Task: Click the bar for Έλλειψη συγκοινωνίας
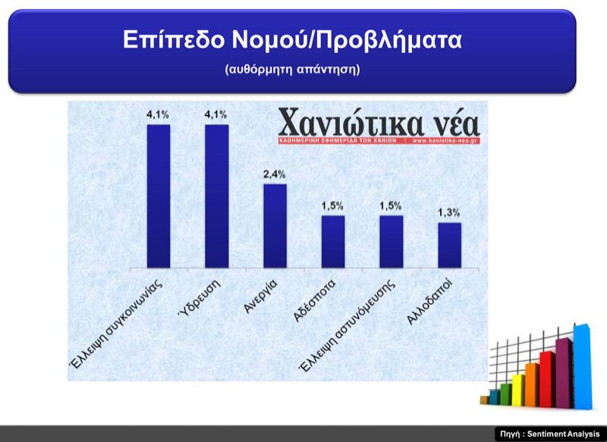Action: click(159, 196)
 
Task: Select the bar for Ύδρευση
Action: click(217, 196)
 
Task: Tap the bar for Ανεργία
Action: click(275, 226)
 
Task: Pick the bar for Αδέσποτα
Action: click(333, 242)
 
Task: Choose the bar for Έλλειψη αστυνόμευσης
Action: click(392, 242)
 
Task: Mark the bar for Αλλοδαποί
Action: click(449, 245)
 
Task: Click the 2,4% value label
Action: click(275, 174)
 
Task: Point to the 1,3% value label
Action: click(449, 213)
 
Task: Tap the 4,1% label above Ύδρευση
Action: click(216, 114)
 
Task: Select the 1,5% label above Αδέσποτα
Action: click(332, 205)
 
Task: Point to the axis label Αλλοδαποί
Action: click(429, 302)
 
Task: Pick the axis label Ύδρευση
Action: click(200, 298)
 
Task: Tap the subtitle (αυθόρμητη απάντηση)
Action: click(292, 69)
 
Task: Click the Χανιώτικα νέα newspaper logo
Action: click(379, 126)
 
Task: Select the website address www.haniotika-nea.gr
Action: click(444, 141)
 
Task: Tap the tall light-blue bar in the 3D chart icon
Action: click(583, 366)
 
